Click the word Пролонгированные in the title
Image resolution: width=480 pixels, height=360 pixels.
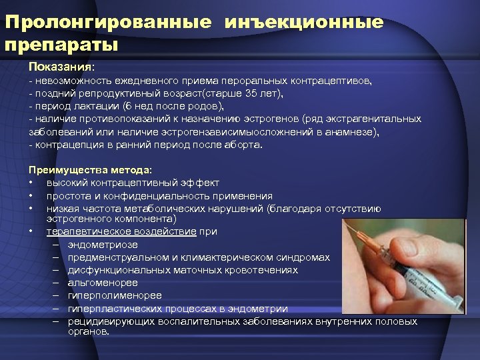(109, 22)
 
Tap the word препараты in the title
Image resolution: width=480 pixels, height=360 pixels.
(61, 45)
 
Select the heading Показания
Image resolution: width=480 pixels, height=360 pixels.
(61, 67)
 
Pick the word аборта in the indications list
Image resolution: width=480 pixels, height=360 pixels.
(246, 145)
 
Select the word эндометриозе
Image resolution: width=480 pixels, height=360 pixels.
(101, 245)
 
